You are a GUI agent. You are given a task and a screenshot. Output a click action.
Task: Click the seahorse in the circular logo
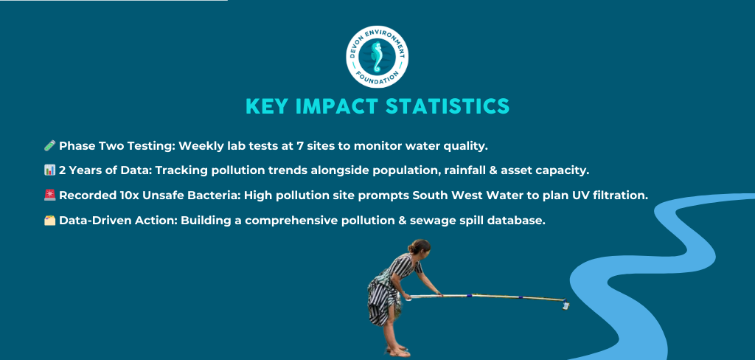[x=377, y=57]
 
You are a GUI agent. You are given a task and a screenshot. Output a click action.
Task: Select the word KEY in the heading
[x=267, y=106]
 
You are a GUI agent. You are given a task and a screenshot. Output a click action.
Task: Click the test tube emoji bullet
[x=49, y=145]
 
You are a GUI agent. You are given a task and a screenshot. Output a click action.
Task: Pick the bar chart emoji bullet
[x=49, y=170]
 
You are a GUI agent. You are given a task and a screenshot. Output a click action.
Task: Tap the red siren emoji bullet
[x=49, y=195]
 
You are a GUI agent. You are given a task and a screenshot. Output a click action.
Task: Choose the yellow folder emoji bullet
[x=49, y=221]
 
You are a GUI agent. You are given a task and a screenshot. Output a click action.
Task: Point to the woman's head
[x=419, y=246]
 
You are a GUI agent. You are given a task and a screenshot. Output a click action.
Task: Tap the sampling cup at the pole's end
[x=566, y=305]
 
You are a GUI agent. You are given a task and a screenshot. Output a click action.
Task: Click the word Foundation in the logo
[x=377, y=78]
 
